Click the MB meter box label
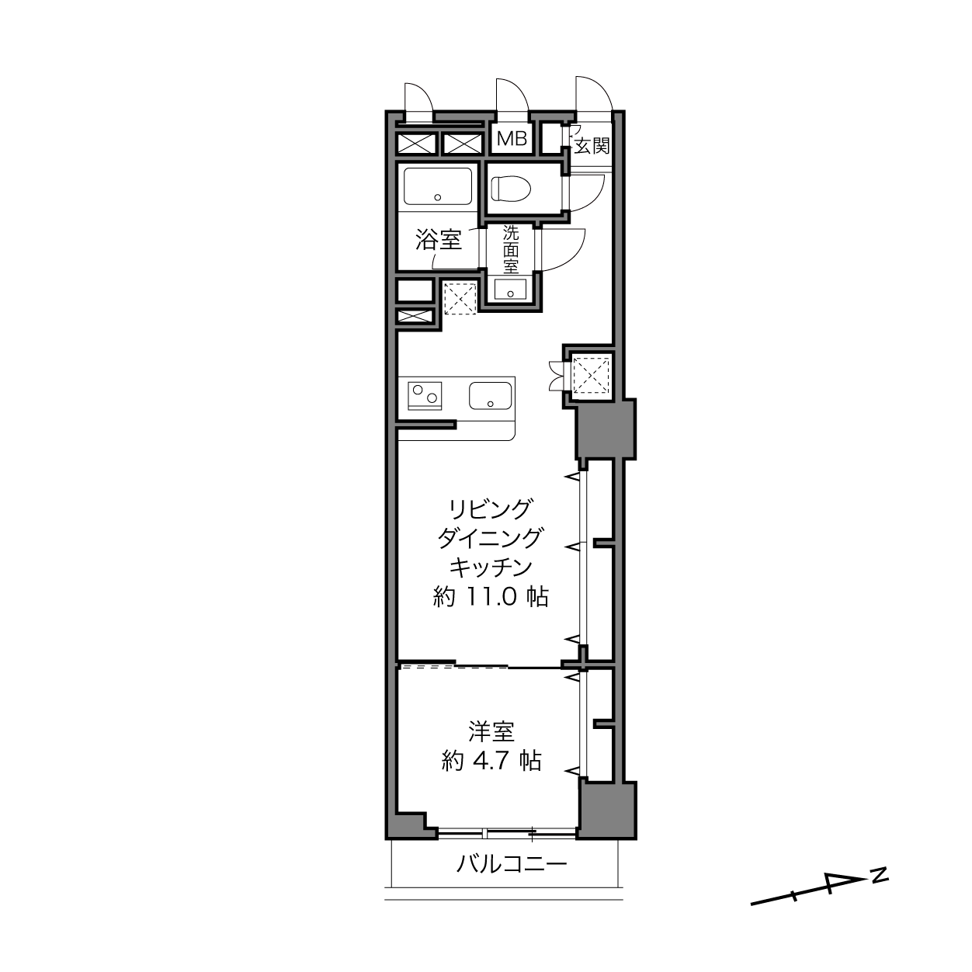[512, 139]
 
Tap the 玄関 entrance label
[592, 146]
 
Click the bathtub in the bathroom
[438, 186]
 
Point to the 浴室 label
[439, 240]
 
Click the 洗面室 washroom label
[511, 249]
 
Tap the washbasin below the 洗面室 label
[511, 290]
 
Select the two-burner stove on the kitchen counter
[425, 396]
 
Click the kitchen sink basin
[491, 396]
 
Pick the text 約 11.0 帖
[491, 598]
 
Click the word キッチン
[491, 568]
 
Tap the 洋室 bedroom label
[491, 732]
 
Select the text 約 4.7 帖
[491, 761]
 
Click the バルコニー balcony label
[512, 865]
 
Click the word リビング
[491, 509]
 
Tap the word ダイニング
[491, 538]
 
